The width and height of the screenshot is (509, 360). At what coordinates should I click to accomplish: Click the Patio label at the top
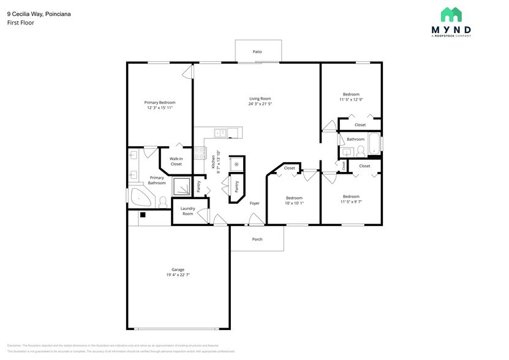click(x=257, y=51)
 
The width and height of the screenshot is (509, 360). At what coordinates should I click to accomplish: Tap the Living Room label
click(x=260, y=99)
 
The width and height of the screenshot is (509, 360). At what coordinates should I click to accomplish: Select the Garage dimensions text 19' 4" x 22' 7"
click(x=178, y=275)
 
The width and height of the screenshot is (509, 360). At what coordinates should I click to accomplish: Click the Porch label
click(x=257, y=239)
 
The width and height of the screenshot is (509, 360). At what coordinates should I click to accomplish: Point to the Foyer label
click(x=254, y=203)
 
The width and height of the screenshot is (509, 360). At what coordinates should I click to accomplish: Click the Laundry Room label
click(x=187, y=211)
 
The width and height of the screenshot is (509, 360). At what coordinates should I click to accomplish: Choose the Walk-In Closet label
click(x=176, y=162)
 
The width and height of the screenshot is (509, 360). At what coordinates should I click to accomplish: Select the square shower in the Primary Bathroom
click(x=182, y=187)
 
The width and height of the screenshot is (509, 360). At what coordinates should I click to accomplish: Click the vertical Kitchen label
click(x=213, y=162)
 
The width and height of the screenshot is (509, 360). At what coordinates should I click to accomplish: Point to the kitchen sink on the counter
click(x=220, y=133)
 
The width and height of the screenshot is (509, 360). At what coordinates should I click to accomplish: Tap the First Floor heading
click(x=21, y=23)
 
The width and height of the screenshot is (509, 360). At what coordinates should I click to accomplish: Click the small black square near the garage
click(x=142, y=214)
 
